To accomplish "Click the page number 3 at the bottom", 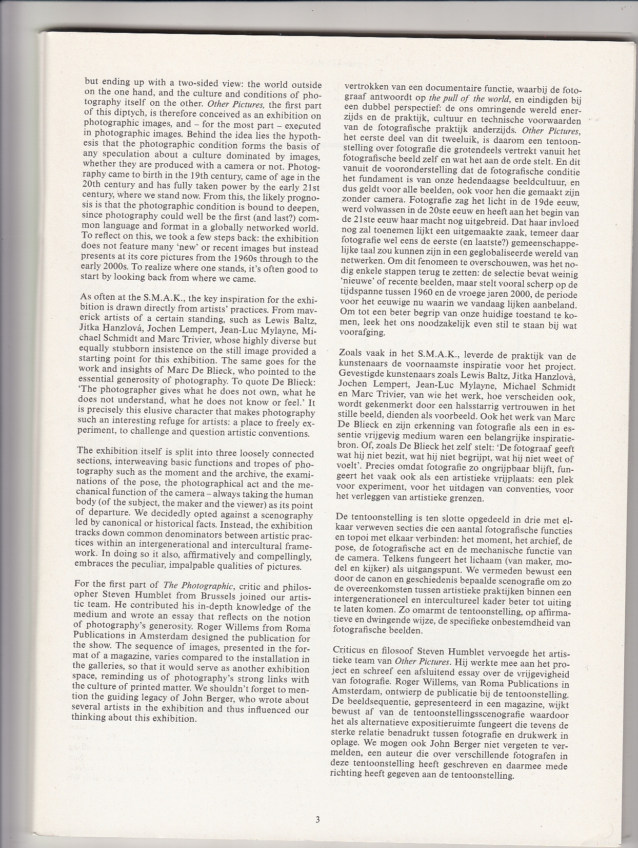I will (x=317, y=819).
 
